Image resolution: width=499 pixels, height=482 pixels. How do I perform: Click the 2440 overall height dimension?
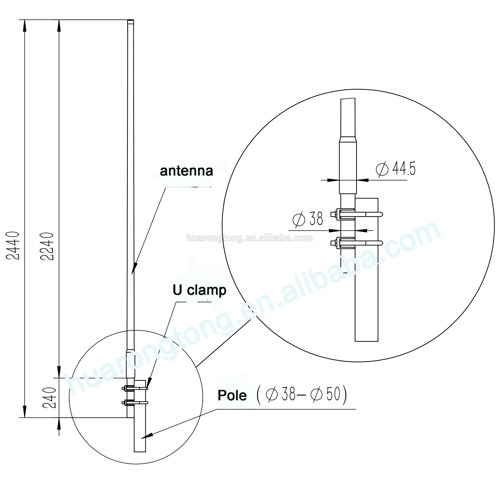pos(12,245)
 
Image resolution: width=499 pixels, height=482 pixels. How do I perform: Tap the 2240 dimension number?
pos(47,246)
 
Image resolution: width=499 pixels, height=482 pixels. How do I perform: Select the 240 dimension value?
pos(49,398)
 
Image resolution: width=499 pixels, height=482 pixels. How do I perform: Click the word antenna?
pos(186,171)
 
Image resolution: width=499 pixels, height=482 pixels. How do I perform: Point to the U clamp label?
pos(199,290)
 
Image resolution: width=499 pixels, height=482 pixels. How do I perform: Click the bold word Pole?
pos(232,395)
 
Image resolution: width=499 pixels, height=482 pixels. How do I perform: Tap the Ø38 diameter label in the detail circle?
pos(308,219)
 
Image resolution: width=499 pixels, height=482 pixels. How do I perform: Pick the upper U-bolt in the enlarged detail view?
pos(356,214)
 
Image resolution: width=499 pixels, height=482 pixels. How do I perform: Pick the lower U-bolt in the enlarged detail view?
pos(356,243)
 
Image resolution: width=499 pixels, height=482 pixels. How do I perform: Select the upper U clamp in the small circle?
pos(135,388)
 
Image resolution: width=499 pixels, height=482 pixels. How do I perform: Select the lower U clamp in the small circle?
pos(135,403)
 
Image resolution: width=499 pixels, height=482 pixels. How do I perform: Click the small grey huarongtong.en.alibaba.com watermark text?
pos(249,238)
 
